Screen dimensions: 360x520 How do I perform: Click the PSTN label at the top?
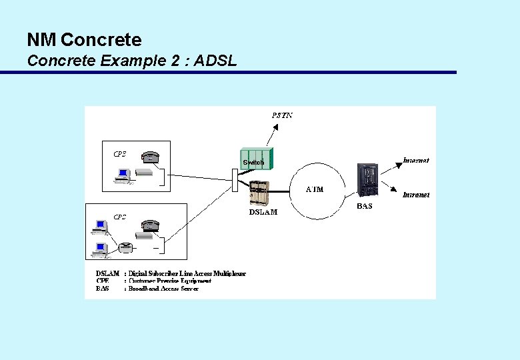[x=282, y=115]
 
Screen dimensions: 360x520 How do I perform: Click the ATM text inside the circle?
[x=315, y=189]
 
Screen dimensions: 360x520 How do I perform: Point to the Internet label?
[x=416, y=160]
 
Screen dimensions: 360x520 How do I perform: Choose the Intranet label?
[x=416, y=195]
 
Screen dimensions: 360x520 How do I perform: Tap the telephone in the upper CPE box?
[x=151, y=157]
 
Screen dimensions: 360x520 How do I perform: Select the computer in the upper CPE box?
[x=123, y=175]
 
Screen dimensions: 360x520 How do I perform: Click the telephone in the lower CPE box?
[x=151, y=225]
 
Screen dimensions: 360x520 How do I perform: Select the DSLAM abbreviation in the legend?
[x=107, y=273]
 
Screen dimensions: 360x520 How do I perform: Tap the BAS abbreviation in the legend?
[x=102, y=289]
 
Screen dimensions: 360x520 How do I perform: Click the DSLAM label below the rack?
[x=263, y=212]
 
